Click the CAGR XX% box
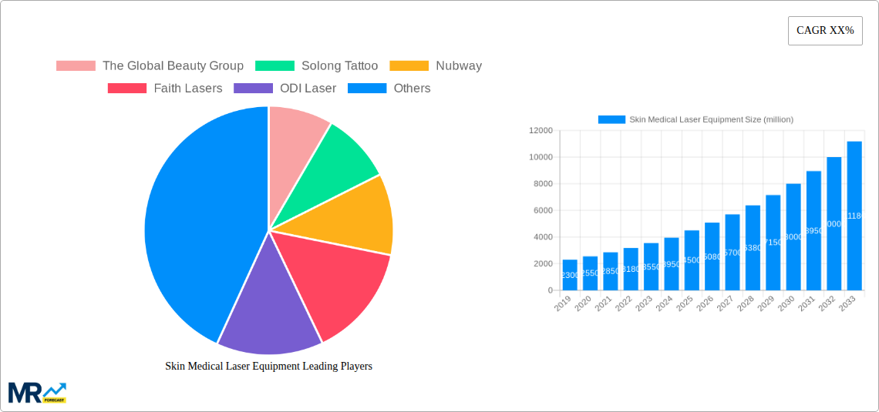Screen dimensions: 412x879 pos(825,31)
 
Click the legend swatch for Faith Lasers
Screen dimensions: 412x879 pos(127,89)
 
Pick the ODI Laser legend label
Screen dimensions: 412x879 pos(308,89)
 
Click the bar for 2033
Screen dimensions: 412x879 pos(854,216)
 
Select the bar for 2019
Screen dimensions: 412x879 pos(570,275)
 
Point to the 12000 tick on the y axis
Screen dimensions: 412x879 pos(540,131)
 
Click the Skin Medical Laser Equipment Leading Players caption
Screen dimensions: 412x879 pos(268,367)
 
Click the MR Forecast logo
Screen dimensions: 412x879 pos(37,392)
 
